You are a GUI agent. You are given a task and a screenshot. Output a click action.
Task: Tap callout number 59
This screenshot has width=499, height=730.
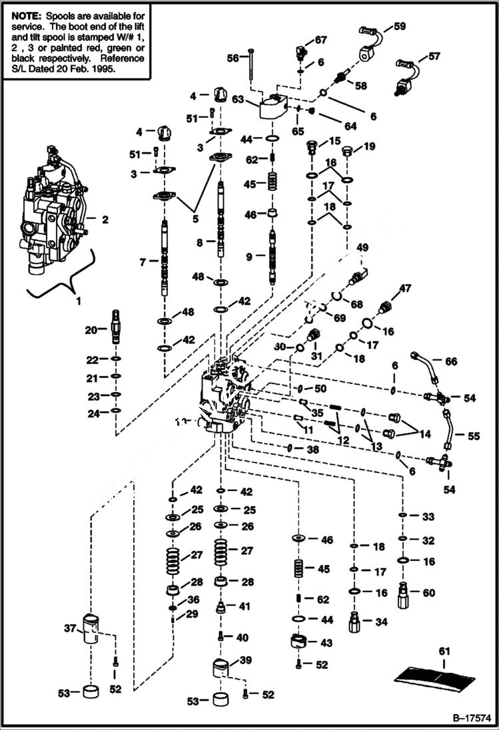click(400, 27)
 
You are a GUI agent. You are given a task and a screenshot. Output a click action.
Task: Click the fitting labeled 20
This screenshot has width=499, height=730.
click(117, 325)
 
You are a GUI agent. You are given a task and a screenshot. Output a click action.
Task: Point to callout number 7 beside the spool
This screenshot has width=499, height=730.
click(143, 263)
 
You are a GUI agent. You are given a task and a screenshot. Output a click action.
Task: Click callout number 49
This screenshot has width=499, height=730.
click(362, 248)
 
